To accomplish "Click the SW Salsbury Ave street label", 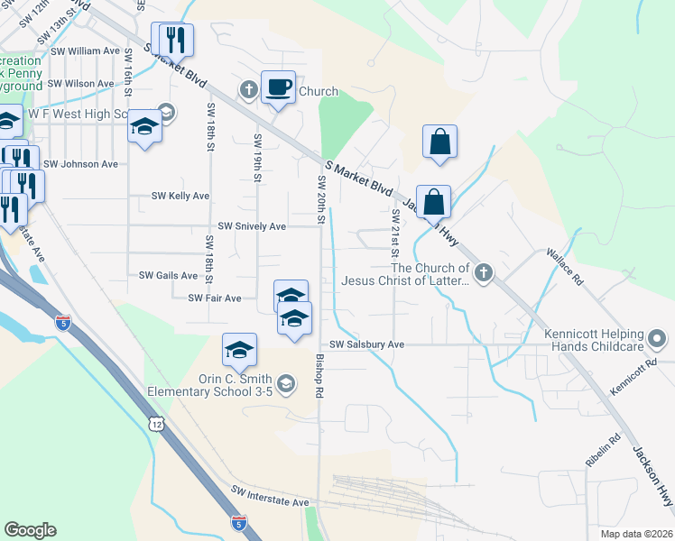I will pos(366,344).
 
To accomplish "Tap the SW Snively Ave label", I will pos(252,226).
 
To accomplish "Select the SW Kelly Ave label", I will pos(180,196).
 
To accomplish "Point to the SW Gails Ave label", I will pos(169,275).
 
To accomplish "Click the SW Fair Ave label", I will pos(215,298).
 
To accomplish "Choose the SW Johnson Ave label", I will pos(80,164).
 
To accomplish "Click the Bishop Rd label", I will pos(319,376).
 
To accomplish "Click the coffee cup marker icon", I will pos(278,87).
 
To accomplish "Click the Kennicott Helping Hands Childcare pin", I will pos(657,340).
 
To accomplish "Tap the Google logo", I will pos(30,530).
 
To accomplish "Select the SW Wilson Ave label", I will pos(81,83).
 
